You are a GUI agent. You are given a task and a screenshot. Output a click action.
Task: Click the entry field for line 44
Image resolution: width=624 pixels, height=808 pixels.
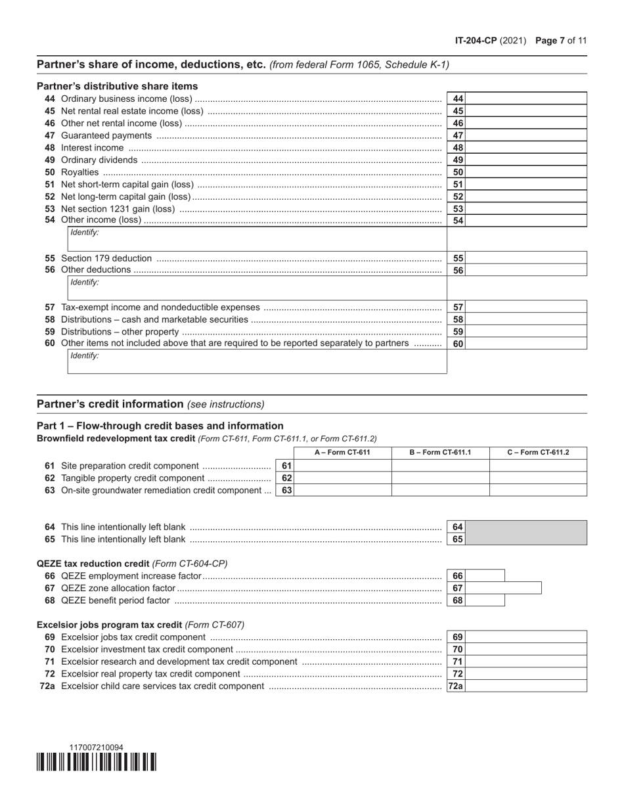[526, 99]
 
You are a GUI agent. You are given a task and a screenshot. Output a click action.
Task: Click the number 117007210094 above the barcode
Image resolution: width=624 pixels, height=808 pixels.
[96, 748]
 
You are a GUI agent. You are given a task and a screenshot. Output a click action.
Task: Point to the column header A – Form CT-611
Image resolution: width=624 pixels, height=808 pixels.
[342, 453]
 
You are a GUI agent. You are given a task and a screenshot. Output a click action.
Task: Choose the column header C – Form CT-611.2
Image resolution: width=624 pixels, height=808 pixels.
[538, 453]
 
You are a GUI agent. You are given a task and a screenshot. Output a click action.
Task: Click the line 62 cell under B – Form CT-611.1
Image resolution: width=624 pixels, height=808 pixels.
[440, 478]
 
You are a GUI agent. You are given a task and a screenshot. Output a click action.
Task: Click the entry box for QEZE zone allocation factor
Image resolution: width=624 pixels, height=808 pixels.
[504, 588]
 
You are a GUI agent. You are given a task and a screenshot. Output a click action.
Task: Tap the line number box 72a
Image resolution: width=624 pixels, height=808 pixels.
[457, 686]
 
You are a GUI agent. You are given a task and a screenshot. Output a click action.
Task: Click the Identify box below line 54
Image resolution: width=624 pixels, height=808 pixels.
[257, 238]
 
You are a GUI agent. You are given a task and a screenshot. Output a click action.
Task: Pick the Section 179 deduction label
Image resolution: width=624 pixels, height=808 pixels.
[106, 258]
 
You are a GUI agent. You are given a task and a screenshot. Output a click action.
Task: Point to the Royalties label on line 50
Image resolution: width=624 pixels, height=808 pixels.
[79, 172]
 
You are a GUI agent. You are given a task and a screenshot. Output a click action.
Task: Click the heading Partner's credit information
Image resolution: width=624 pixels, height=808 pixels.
[110, 404]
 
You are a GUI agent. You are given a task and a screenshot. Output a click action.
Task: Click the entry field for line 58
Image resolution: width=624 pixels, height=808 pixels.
[526, 319]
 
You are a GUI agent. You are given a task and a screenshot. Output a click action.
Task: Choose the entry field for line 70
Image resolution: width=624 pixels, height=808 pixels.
[526, 649]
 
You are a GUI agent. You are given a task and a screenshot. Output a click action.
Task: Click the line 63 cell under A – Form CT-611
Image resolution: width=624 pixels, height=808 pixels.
[342, 490]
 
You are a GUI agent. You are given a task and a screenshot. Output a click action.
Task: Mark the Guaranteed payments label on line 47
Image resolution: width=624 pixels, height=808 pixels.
[106, 135]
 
